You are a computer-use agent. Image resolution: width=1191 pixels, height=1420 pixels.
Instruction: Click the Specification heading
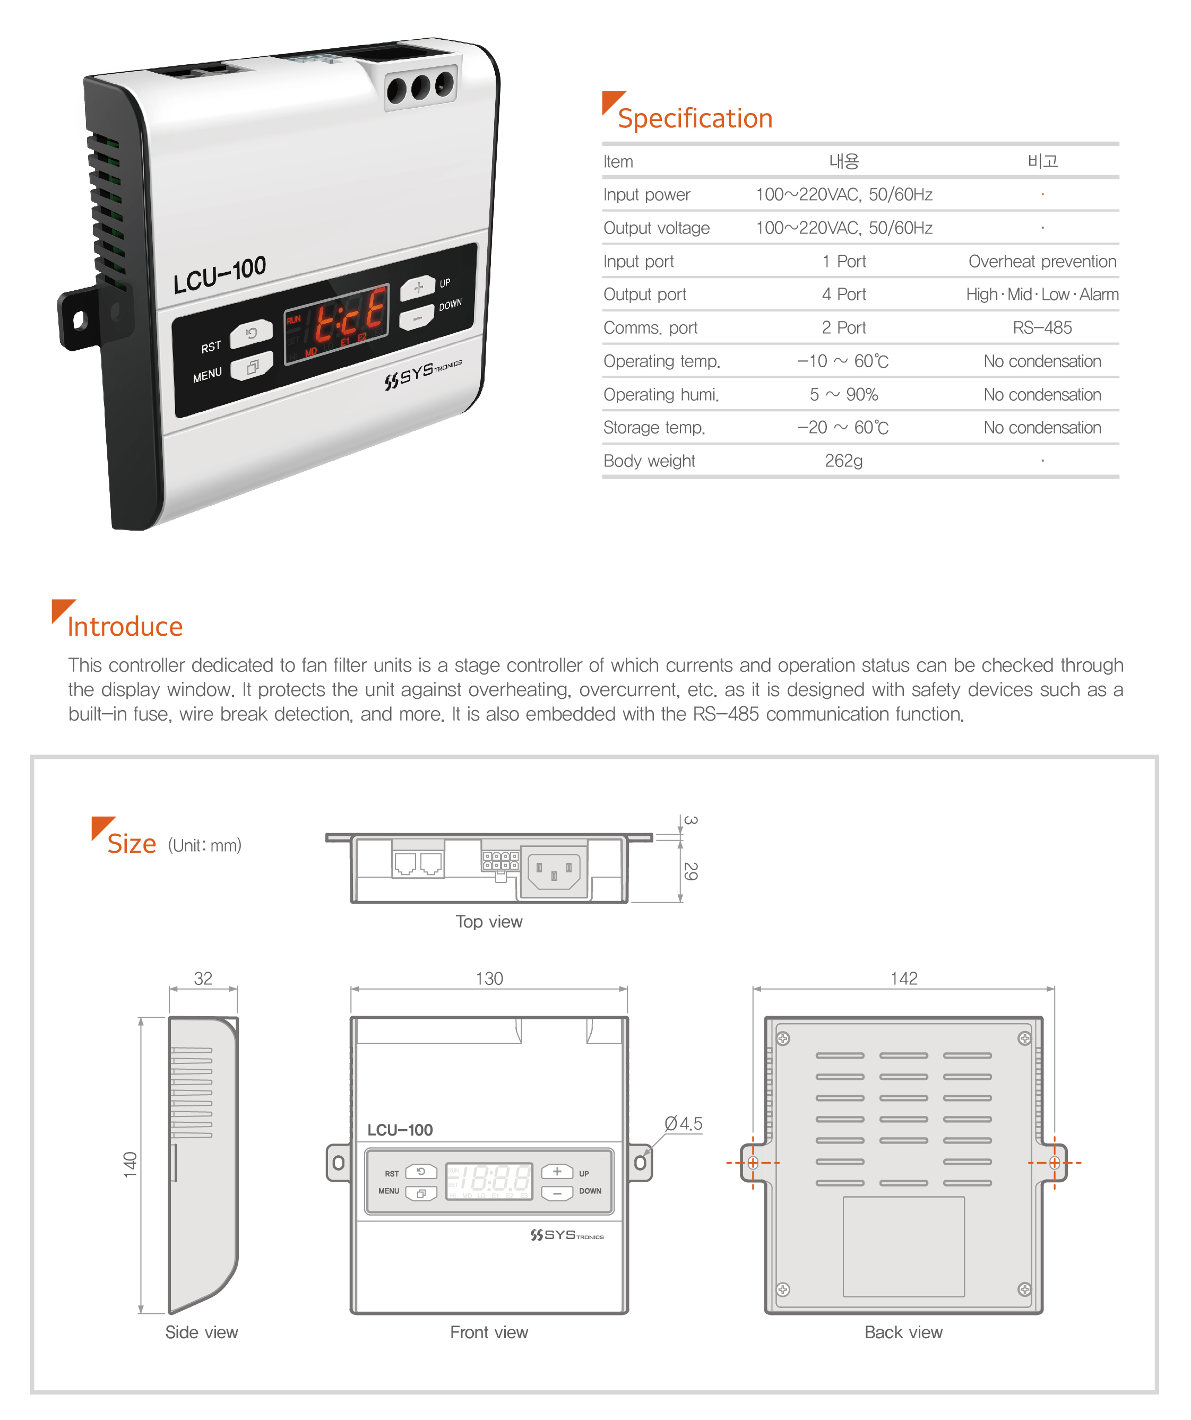coord(695,118)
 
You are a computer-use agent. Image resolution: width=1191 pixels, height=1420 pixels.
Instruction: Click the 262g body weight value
coord(843,461)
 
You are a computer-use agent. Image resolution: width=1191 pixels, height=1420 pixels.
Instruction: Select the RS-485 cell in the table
coord(1042,328)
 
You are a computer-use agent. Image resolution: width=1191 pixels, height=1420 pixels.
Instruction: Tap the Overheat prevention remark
coord(1042,262)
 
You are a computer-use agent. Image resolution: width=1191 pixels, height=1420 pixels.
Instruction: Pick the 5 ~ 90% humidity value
coord(843,394)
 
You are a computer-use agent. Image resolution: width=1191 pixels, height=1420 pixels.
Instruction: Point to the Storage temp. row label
coord(654,428)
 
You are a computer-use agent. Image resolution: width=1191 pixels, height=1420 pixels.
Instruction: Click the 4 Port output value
coord(843,295)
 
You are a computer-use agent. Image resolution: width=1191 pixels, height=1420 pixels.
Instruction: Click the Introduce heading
coord(125,627)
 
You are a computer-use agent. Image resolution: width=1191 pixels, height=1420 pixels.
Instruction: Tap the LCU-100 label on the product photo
coord(220,275)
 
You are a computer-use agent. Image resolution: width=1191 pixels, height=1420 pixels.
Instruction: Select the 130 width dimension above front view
coord(489,979)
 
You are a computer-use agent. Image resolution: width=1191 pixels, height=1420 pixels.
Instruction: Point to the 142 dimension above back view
coord(903,979)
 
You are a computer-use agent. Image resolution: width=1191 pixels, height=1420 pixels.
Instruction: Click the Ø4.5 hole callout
coord(683,1124)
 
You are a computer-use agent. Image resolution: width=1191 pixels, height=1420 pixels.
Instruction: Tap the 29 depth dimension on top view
coord(691,871)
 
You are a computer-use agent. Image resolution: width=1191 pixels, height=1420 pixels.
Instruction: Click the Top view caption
coord(489,922)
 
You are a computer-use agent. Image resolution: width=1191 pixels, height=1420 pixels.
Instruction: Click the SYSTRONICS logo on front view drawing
coord(567,1235)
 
